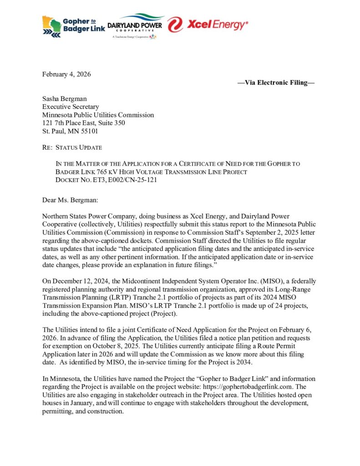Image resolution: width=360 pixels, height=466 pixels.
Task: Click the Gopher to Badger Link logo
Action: click(73, 26)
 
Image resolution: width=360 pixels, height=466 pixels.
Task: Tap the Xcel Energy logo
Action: click(207, 24)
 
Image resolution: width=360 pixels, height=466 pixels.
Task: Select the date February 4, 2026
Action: click(66, 75)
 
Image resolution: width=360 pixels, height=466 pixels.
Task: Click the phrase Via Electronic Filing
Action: click(276, 82)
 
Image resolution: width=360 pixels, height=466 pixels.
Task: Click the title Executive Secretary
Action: click(71, 107)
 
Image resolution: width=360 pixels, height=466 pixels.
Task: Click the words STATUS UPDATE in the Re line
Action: click(79, 147)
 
